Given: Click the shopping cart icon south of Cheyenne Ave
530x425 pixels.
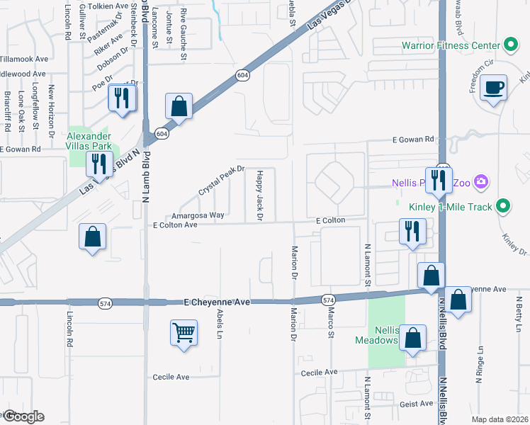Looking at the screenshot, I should point(184,331).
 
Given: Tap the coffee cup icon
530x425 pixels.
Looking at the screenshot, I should point(493,89).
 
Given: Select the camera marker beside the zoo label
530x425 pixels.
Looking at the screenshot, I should point(482,182).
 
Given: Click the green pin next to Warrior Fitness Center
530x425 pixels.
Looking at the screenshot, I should point(510,45).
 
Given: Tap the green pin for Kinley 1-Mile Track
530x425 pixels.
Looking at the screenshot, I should point(503,207).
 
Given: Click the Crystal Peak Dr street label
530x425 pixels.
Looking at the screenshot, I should point(221,181).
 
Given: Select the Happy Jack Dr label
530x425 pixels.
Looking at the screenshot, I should point(259,195).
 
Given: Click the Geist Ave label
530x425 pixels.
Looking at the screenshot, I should point(417,403).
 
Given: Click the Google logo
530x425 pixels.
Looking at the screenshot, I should point(23,416).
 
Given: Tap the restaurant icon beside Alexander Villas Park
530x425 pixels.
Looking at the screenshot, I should point(97,164).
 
